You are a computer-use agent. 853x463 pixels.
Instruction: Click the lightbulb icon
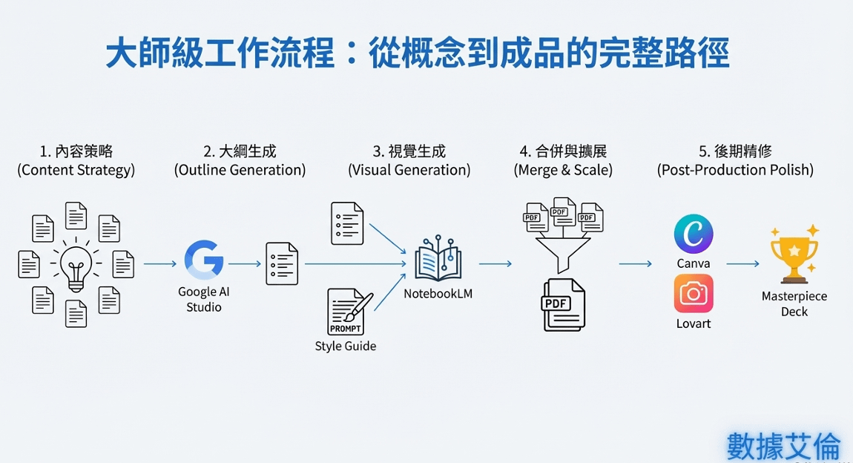tap(76, 263)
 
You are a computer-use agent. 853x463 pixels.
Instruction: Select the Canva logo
tap(694, 234)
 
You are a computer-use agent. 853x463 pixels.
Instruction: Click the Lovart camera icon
tap(694, 294)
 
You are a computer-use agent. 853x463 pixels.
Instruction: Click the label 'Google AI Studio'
tap(203, 299)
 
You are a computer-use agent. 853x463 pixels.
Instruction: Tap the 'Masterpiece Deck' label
tap(794, 303)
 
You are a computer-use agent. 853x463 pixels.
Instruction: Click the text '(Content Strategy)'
tap(76, 170)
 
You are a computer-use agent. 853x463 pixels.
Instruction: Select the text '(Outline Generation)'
tap(240, 170)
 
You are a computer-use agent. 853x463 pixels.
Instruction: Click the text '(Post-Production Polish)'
tap(735, 170)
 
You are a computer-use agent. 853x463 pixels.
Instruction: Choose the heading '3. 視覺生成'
tap(409, 151)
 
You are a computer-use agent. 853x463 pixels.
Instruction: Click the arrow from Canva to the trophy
tap(742, 264)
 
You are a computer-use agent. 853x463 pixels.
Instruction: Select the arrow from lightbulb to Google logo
tap(159, 263)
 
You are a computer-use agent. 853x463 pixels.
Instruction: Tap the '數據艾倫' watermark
tap(783, 445)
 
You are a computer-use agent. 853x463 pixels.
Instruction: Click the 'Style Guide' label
tap(346, 346)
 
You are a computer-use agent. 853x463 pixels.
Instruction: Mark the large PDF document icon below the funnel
tap(564, 304)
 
